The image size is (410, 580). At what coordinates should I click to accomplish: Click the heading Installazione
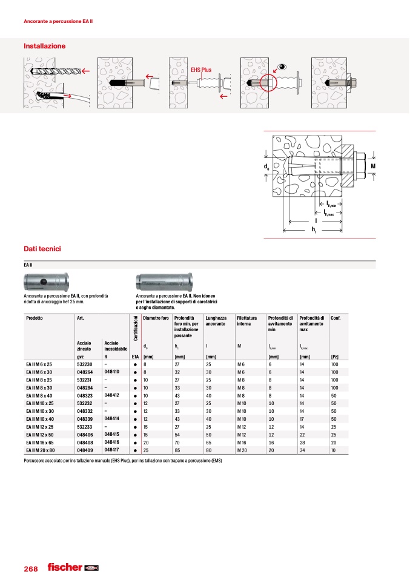pyautogui.click(x=44, y=46)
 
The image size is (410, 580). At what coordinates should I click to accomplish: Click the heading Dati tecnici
pyautogui.click(x=42, y=249)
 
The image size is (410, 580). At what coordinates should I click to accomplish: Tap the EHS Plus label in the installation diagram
pyautogui.click(x=200, y=70)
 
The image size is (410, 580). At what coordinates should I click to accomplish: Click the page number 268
pyautogui.click(x=31, y=569)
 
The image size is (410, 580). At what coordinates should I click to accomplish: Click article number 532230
pyautogui.click(x=85, y=364)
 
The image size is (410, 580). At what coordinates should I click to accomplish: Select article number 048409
pyautogui.click(x=85, y=450)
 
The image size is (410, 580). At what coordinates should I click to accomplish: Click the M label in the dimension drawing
pyautogui.click(x=373, y=165)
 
